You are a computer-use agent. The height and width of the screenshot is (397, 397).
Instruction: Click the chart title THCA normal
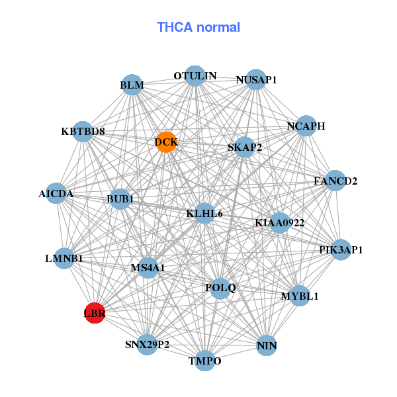tap(198, 27)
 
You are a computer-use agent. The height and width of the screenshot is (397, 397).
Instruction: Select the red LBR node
tap(95, 312)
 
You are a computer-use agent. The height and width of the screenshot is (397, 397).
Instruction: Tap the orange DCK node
tap(166, 142)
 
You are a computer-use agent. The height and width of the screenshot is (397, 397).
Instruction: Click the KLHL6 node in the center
tap(204, 213)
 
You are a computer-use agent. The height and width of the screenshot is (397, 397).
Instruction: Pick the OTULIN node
tap(195, 76)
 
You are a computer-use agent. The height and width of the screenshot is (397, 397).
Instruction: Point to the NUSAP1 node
tap(256, 79)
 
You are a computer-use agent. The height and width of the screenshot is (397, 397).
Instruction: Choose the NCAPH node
tap(306, 126)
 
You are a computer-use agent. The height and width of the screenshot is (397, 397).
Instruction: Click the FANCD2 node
tap(335, 181)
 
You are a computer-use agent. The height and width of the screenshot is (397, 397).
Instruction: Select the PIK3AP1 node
tap(341, 249)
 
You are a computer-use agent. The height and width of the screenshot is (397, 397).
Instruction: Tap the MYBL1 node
tap(300, 296)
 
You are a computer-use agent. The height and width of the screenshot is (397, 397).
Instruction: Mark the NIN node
tap(267, 345)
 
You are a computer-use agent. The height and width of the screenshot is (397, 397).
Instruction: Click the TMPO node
tap(205, 361)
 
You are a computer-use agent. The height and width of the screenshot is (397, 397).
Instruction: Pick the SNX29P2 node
tap(148, 345)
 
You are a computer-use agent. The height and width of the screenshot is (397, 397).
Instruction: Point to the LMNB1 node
tap(64, 258)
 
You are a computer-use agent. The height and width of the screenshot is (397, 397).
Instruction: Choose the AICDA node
tap(56, 194)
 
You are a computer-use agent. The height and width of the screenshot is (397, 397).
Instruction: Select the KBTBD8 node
tap(83, 132)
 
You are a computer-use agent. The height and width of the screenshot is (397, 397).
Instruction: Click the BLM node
tap(132, 85)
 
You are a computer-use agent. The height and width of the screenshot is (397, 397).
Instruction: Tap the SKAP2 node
tap(244, 147)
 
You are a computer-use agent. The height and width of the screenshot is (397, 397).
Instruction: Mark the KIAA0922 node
tap(280, 223)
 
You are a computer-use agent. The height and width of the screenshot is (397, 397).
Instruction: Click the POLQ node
tap(220, 288)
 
